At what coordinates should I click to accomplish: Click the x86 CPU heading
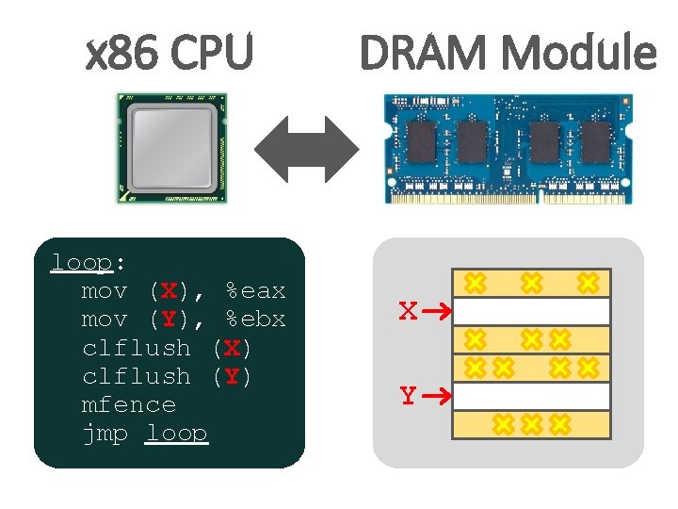tap(169, 54)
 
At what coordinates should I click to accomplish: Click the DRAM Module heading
tap(508, 54)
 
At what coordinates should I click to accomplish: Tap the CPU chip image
tap(171, 148)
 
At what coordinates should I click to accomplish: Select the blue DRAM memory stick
tap(508, 148)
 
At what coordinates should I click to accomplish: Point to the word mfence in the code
tap(129, 404)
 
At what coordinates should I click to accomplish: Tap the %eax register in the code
tap(254, 290)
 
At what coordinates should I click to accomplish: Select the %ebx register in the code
tap(254, 319)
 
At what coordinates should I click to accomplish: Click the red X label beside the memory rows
tap(408, 311)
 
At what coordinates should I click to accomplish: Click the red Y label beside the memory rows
tap(408, 396)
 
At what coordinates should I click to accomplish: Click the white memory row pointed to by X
tap(532, 311)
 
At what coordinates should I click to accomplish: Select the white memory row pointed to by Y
tap(532, 396)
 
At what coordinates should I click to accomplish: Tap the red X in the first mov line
tap(169, 290)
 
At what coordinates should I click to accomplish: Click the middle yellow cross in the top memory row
tap(532, 282)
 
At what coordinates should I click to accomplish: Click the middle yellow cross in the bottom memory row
tap(532, 424)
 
